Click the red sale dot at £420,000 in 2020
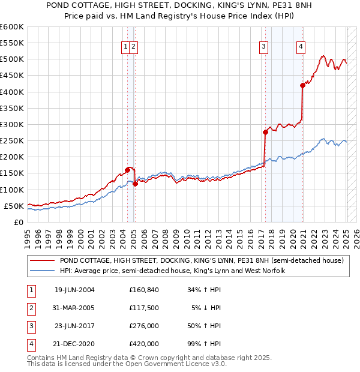click(303, 85)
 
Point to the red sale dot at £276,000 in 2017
click(265, 132)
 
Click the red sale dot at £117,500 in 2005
click(136, 184)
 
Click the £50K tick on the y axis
click(14, 206)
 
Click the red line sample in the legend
click(42, 261)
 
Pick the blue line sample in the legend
click(42, 271)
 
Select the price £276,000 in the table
click(144, 326)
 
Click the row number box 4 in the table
click(30, 344)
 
